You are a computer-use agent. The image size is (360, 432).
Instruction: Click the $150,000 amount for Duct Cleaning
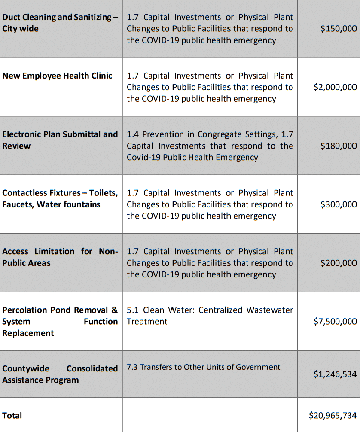coord(339,29)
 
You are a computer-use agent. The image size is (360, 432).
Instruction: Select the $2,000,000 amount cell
coord(335,87)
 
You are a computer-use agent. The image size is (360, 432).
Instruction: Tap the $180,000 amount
coord(339,146)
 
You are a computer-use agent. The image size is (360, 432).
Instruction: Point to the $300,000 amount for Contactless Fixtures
coord(339,204)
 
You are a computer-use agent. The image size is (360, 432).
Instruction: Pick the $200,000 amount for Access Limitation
coord(339,263)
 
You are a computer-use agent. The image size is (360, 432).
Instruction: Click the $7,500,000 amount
coord(335,321)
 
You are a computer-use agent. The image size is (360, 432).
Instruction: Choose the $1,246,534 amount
coord(335,374)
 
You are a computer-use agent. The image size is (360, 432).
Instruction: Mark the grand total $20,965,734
coord(333,415)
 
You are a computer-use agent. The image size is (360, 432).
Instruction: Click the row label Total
coord(12,415)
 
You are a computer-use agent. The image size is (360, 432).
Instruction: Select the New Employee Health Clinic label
coord(57,76)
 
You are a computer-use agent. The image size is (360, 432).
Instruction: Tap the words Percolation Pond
coord(37,310)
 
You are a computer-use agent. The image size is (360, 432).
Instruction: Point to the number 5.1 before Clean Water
coord(133,310)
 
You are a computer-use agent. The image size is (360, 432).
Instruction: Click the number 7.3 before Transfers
coord(132,367)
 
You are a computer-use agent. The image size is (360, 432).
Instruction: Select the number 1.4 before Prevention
coord(133,134)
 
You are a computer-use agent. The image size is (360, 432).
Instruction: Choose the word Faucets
coord(18,204)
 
